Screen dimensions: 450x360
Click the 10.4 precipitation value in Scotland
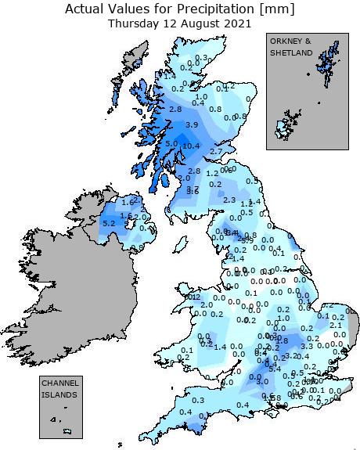(190, 146)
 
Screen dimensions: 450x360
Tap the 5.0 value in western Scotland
(171, 144)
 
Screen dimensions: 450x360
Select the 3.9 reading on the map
(191, 125)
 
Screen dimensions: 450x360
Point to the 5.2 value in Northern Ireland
(109, 224)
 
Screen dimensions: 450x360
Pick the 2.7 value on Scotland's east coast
(217, 151)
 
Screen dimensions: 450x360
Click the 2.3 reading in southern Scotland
(229, 200)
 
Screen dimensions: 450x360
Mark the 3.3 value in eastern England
(307, 346)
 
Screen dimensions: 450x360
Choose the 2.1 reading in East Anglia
(336, 325)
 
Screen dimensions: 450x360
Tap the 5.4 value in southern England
(275, 368)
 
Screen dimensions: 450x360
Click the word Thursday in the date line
(134, 23)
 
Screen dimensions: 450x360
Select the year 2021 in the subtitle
(238, 23)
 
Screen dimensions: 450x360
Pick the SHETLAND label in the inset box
(290, 52)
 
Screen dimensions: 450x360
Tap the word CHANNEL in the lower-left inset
(59, 383)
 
